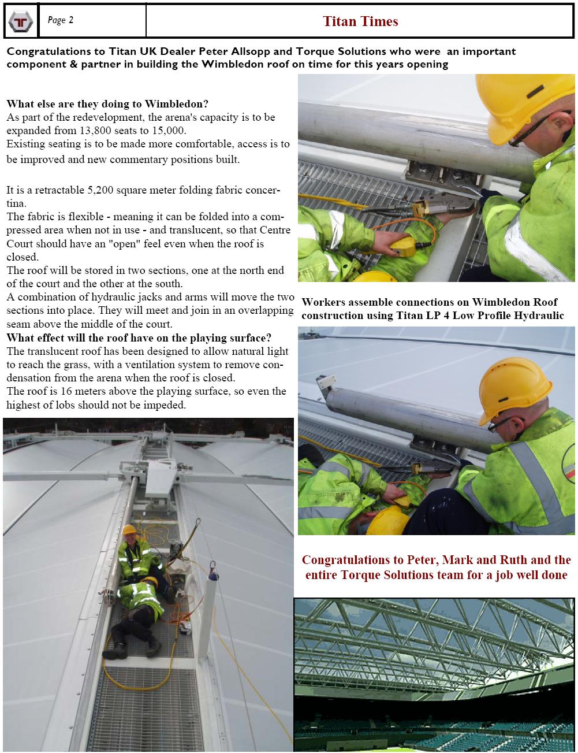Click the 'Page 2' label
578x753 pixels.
click(x=61, y=20)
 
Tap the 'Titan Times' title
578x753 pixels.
click(x=360, y=21)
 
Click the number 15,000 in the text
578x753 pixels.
click(x=171, y=131)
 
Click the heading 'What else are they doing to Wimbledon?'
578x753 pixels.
click(x=107, y=104)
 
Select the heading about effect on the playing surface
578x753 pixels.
click(x=139, y=338)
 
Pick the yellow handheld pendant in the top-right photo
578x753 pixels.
click(x=404, y=246)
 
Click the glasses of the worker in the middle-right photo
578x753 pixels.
click(x=500, y=424)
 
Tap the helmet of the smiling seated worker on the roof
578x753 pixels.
click(x=129, y=529)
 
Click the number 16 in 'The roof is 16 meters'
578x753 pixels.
click(x=66, y=391)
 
